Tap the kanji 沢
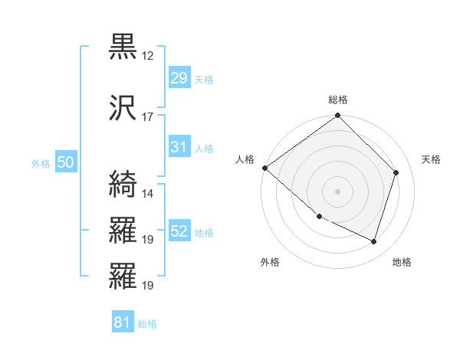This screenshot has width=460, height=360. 123,109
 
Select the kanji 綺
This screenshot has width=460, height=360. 123,185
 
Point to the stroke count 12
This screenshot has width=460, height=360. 148,56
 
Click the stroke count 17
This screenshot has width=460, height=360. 148,117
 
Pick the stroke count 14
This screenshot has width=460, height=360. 148,193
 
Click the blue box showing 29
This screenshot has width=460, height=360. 179,78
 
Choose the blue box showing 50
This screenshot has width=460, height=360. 65,162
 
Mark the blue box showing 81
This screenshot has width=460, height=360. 122,322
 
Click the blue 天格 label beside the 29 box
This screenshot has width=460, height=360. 203,80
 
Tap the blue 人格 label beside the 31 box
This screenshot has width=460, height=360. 203,148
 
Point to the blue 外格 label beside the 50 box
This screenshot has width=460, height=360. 41,163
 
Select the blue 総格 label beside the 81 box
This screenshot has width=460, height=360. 147,324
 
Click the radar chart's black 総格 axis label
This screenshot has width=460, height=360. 338,100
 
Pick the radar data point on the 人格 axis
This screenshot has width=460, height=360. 264,168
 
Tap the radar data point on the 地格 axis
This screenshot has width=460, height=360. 374,241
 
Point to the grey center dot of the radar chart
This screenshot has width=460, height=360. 338,191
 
